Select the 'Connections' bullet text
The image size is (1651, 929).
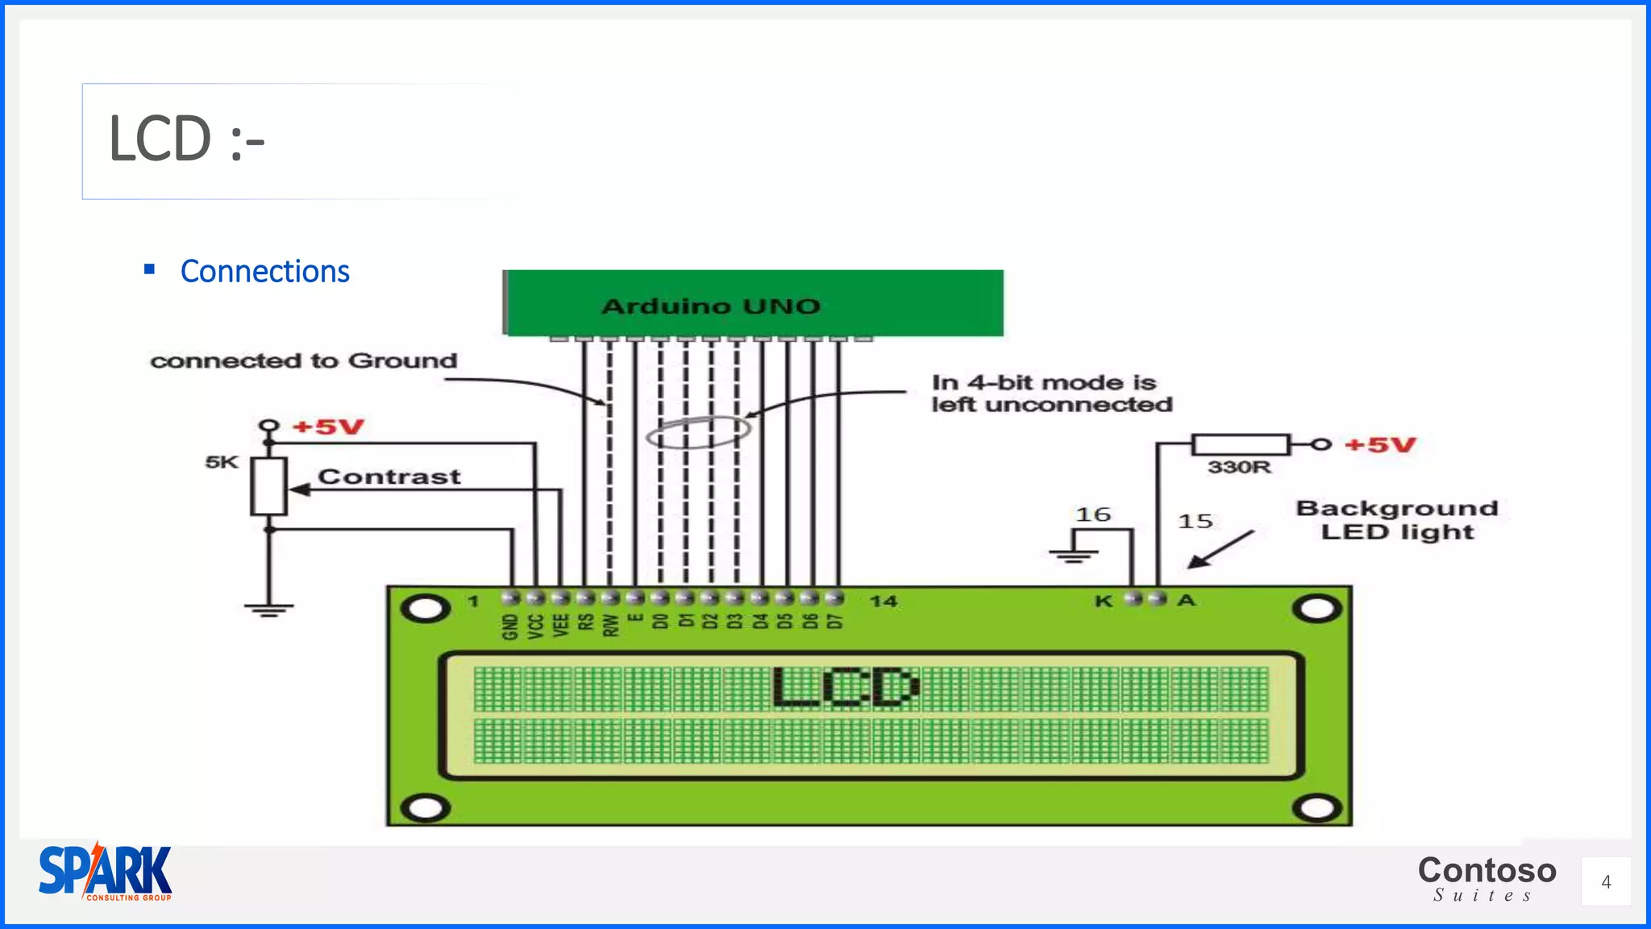point(264,272)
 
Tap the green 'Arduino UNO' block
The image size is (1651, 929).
point(753,304)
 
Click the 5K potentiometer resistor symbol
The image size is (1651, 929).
point(268,486)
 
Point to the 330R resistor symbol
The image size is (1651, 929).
point(1240,444)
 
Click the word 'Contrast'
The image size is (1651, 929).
point(389,477)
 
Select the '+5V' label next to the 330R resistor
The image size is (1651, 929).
point(1380,445)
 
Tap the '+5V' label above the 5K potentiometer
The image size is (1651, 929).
point(328,427)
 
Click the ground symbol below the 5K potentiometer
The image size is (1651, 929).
point(268,609)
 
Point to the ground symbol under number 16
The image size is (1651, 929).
point(1073,555)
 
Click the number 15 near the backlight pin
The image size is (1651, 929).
point(1195,521)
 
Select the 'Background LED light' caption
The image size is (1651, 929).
point(1397,520)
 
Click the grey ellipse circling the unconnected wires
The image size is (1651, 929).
point(698,432)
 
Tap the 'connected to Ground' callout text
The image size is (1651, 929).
point(304,360)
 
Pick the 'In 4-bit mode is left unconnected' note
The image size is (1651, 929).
point(1051,394)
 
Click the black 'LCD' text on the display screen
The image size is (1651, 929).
point(845,687)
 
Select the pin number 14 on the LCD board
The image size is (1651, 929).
point(883,601)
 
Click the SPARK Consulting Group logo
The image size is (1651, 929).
point(106,873)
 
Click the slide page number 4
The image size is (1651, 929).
point(1605,882)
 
